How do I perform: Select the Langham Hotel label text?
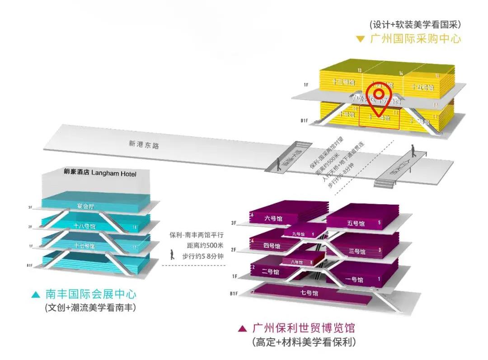pos(100,173)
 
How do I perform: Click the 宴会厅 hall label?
pos(86,206)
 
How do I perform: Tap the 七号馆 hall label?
pos(310,293)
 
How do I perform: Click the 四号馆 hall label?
pos(271,246)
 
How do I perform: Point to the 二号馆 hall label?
pos(270,272)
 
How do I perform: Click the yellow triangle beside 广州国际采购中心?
pos(360,39)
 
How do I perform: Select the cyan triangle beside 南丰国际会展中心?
pos(36,295)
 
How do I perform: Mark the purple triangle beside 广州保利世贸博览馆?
pos(242,328)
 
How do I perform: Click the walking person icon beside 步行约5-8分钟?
pos(172,255)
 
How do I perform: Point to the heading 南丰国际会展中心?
pos(91,295)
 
